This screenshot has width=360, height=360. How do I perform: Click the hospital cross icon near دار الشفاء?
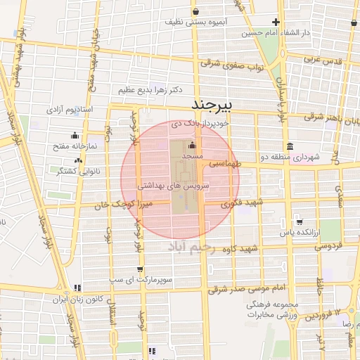[x=276, y=22]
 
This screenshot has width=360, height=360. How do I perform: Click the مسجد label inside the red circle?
[x=192, y=153]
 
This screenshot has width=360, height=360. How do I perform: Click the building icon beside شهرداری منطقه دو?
[x=271, y=147]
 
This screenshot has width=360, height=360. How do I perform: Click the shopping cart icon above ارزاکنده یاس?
[x=300, y=220]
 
